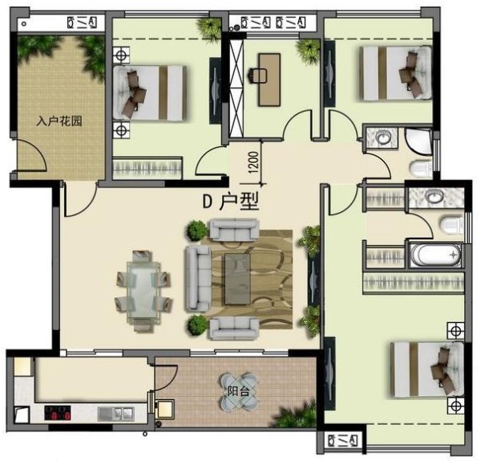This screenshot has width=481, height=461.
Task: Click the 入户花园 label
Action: pyautogui.click(x=59, y=121)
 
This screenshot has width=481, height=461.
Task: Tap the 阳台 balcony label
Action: pyautogui.click(x=238, y=391)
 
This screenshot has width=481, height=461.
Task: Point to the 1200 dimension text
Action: pyautogui.click(x=254, y=162)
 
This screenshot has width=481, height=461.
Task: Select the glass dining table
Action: pyautogui.click(x=143, y=292)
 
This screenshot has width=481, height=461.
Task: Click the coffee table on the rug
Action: pyautogui.click(x=238, y=279)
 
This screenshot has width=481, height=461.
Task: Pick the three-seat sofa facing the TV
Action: pyautogui.click(x=197, y=279)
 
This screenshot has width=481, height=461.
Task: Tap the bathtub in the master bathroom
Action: pyautogui.click(x=435, y=255)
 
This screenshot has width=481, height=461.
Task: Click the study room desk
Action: pyautogui.click(x=269, y=80)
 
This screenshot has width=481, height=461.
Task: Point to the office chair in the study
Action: pyautogui.click(x=254, y=75)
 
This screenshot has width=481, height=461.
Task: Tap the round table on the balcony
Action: pyautogui.click(x=238, y=390)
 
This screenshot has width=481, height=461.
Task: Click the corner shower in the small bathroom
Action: pyautogui.click(x=418, y=141)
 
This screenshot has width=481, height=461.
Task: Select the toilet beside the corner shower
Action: pyautogui.click(x=420, y=169)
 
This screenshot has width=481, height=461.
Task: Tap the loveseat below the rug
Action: pyautogui.click(x=234, y=328)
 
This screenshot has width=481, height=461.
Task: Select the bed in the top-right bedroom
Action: pyautogui.click(x=396, y=73)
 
